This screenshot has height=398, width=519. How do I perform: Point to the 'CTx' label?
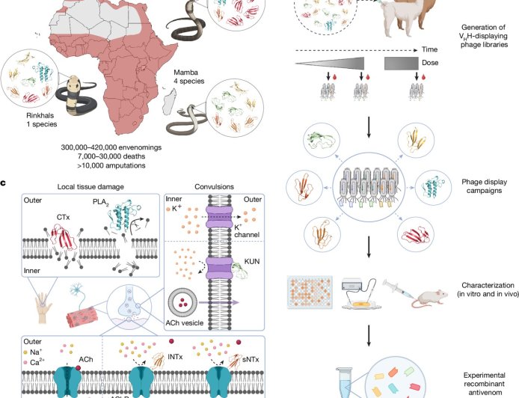[x=61, y=237]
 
